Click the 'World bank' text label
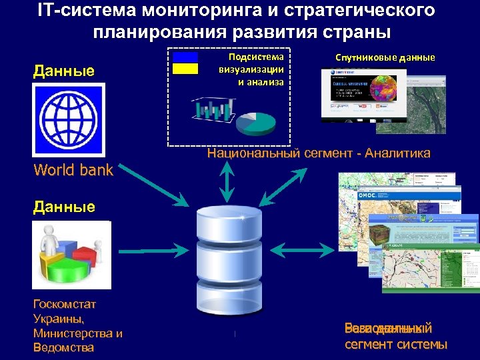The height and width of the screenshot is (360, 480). pos(73,170)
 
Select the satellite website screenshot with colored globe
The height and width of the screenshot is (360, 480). pos(363,93)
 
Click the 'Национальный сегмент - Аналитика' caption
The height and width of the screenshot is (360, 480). pos(319,153)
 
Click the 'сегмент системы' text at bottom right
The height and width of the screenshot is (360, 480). pos(396,345)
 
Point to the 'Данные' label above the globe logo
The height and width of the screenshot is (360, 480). pos(64,71)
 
